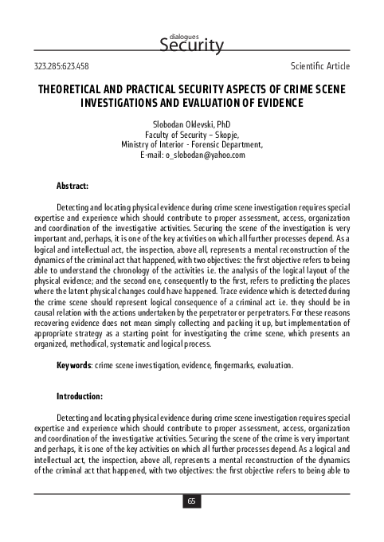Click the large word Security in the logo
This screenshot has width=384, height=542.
(192, 47)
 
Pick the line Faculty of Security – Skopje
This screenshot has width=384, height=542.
(191, 135)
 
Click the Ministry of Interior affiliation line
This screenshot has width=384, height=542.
(191, 145)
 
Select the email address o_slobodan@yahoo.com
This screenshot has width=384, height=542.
(205, 155)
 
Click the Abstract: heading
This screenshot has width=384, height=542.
(72, 186)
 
